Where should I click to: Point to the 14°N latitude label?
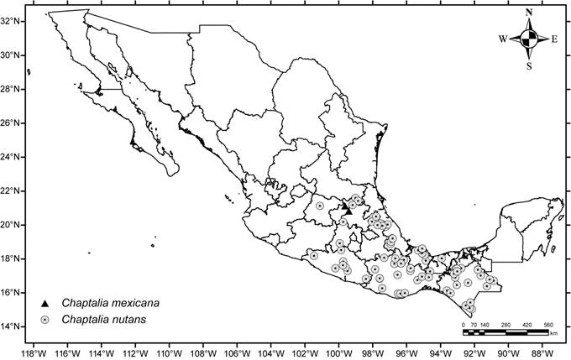tap(13, 326)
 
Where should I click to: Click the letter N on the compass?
tap(528, 13)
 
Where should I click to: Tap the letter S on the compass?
tap(528, 65)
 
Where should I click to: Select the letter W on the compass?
tap(503, 39)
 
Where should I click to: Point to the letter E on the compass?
tap(554, 39)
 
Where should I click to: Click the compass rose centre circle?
tap(528, 38)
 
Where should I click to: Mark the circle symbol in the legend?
tap(46, 320)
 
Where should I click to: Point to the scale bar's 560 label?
tap(547, 324)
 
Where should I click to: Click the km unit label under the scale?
tap(553, 334)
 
